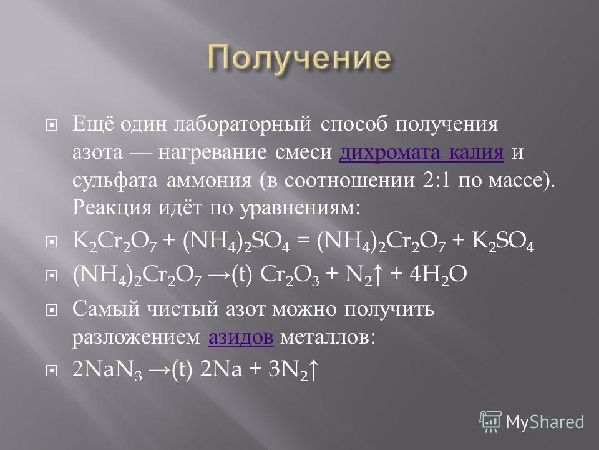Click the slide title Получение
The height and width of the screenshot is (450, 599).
[x=299, y=59]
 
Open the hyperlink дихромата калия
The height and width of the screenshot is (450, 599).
[x=421, y=152]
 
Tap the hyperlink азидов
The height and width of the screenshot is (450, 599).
[x=241, y=337]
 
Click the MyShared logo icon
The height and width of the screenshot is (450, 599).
[x=490, y=422]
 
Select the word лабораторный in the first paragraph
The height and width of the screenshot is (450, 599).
[x=243, y=125]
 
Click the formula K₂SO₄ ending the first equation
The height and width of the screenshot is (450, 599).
[x=503, y=242]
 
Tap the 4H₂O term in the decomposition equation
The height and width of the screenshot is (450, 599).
[x=438, y=276]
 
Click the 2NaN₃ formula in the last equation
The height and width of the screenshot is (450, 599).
[x=107, y=371]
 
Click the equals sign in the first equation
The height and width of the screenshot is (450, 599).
[x=303, y=242]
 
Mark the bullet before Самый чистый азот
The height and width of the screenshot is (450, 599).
[x=51, y=310]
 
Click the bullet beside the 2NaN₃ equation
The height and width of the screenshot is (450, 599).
[x=51, y=371]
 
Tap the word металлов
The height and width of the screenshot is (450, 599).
[x=328, y=337]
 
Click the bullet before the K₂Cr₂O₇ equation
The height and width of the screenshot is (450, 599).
[x=51, y=242]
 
